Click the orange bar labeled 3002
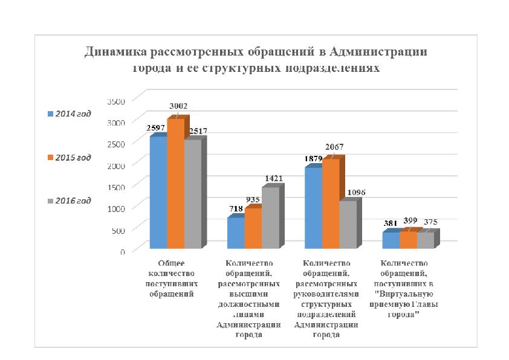point(175,184)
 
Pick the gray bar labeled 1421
point(270,219)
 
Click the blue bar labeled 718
point(236,233)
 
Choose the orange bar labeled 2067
point(331,204)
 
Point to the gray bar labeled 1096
point(348,225)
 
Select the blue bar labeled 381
point(391,240)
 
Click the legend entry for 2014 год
point(69,114)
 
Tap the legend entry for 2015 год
point(69,158)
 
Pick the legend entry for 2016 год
point(69,201)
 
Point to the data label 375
point(431,222)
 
